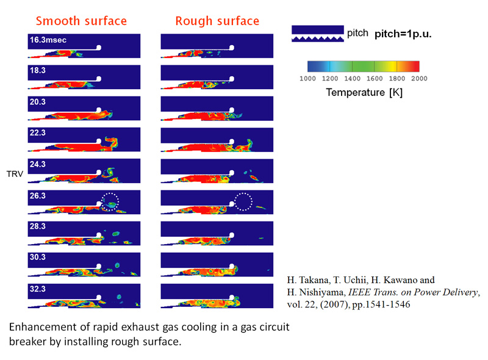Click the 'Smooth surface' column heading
tap(81, 21)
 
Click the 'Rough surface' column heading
tap(217, 21)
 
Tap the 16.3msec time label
tap(48, 40)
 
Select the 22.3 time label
tap(38, 132)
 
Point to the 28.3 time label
tap(38, 226)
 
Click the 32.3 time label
tap(38, 289)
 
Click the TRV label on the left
tap(15, 174)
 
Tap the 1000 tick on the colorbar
tap(307, 79)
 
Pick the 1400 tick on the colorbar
tap(353, 79)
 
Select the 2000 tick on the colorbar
tap(419, 79)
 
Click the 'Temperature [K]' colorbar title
tap(364, 93)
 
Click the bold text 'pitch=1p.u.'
tap(403, 34)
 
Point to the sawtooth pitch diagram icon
tap(318, 34)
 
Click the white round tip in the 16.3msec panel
tap(99, 48)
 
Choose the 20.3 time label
tap(38, 102)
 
